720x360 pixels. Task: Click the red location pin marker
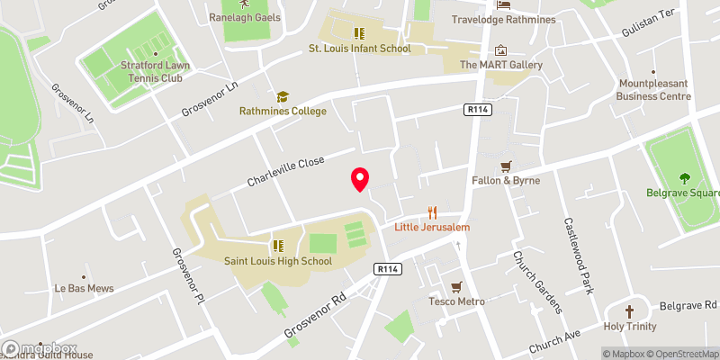click(361, 179)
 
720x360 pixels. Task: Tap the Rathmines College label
click(282, 112)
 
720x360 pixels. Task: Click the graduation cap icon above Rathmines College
click(282, 95)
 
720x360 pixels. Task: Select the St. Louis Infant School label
click(359, 49)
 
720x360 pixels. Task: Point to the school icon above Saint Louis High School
click(278, 245)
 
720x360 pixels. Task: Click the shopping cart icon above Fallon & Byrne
click(505, 166)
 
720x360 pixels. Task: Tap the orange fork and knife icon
click(432, 213)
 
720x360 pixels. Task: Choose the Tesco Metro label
click(455, 301)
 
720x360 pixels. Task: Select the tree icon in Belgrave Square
click(685, 177)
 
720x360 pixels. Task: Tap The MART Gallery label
click(501, 65)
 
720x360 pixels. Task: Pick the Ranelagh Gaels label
click(245, 17)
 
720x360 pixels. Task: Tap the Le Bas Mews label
click(85, 289)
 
